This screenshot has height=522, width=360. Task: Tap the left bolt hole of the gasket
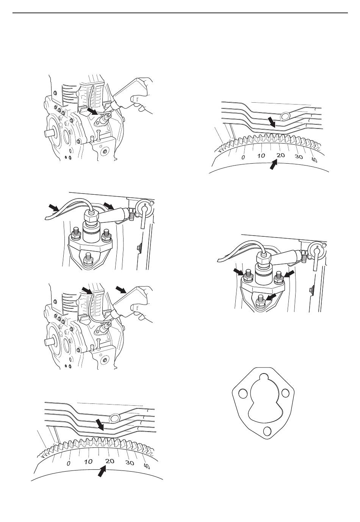[243, 394]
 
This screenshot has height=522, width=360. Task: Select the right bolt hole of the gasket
[286, 394]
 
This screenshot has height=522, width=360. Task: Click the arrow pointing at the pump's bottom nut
[272, 297]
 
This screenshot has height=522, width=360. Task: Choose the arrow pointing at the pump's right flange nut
[289, 274]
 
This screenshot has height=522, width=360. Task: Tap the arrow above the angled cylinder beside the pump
[109, 205]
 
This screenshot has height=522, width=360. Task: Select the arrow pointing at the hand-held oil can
[121, 289]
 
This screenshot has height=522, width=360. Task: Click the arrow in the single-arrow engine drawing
[92, 111]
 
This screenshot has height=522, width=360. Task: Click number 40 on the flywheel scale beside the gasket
[146, 466]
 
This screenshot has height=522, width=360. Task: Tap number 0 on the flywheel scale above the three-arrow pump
[243, 157]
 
